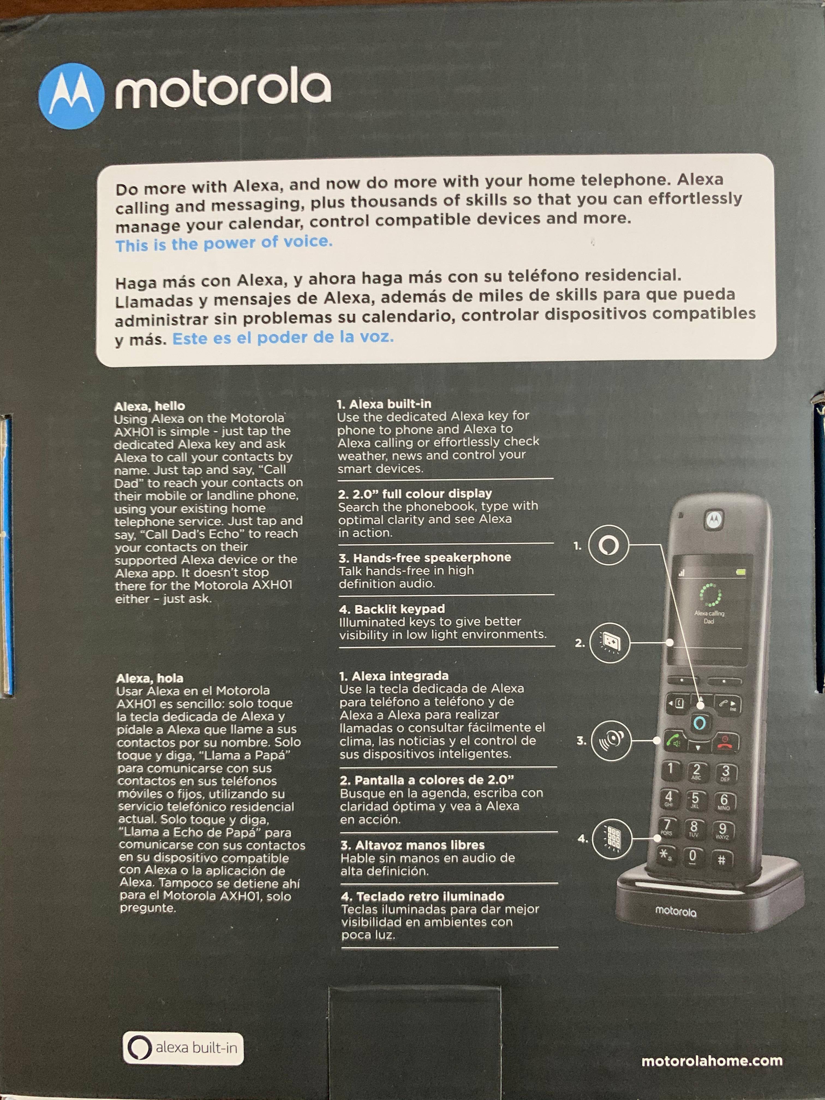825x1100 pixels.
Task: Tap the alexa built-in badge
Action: (183, 1048)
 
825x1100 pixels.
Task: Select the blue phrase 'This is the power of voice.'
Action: (224, 243)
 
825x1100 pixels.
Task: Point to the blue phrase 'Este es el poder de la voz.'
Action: (283, 338)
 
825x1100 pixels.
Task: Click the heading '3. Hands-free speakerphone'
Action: (425, 557)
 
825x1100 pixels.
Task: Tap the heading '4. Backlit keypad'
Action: (392, 609)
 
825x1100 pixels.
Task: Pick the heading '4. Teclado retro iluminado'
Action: (423, 896)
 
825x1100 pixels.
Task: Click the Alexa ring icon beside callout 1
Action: (608, 546)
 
